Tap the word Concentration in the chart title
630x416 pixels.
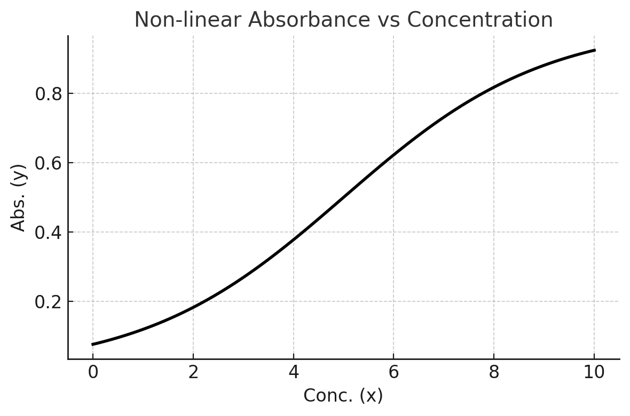[x=479, y=20]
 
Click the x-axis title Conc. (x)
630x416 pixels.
[x=343, y=396]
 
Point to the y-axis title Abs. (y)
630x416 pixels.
[x=19, y=197]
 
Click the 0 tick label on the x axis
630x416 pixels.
[x=93, y=372]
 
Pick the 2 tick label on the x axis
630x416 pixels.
[x=193, y=372]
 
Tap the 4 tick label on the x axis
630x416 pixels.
[x=294, y=372]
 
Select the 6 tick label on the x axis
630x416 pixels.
[x=393, y=372]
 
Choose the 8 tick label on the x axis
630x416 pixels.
[x=494, y=372]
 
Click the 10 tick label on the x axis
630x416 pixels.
[x=594, y=372]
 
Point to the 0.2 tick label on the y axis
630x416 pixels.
[x=49, y=302]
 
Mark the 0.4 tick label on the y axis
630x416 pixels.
[x=49, y=233]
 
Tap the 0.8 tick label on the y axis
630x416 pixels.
[x=49, y=94]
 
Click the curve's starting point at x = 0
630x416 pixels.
[x=93, y=345]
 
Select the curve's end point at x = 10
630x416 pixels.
[x=594, y=50]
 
